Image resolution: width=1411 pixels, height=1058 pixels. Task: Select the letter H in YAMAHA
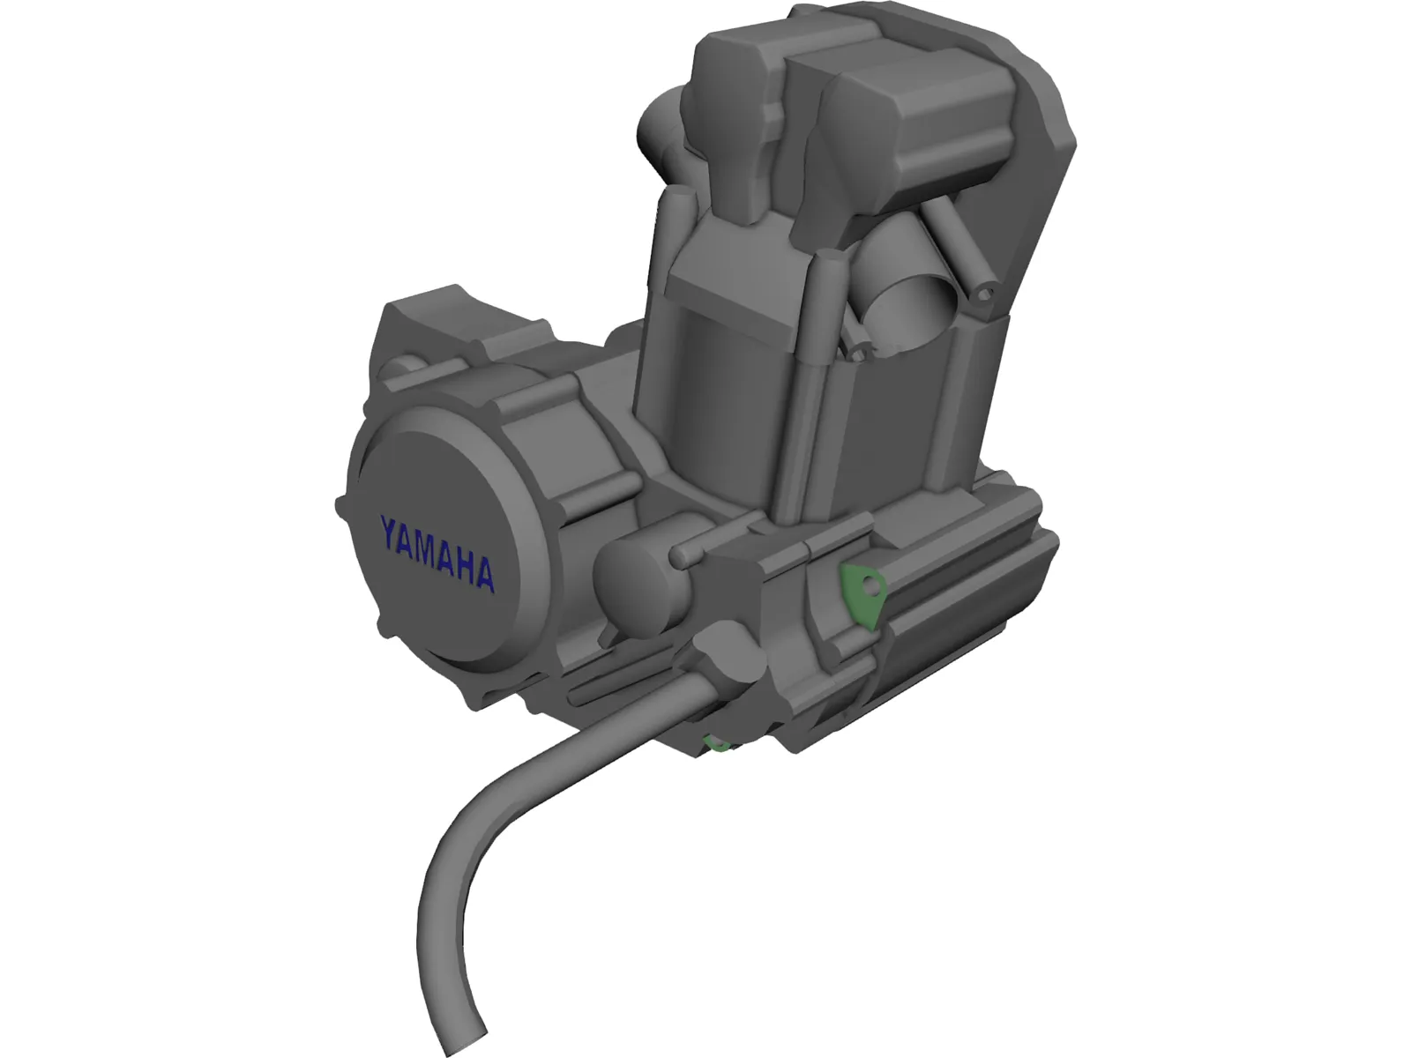(x=460, y=564)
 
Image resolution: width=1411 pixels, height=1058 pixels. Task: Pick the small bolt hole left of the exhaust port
(x=857, y=352)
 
